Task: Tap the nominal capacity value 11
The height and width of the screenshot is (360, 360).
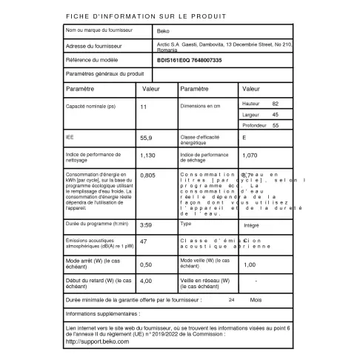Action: (144, 107)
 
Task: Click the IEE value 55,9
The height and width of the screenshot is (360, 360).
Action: (146, 138)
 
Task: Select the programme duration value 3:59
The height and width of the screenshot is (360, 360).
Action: (146, 224)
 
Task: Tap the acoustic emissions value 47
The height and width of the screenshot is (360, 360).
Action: (144, 241)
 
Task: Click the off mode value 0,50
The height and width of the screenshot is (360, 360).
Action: (146, 264)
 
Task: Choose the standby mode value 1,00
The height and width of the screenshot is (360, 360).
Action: (250, 264)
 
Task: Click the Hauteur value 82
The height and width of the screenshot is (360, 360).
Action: (276, 104)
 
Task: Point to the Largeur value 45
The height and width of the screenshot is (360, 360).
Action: (276, 115)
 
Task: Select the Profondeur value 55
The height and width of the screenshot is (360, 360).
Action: (276, 126)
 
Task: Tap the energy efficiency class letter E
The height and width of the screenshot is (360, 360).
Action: (244, 138)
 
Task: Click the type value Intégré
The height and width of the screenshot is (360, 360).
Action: (251, 224)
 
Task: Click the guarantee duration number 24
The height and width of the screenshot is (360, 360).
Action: (211, 300)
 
